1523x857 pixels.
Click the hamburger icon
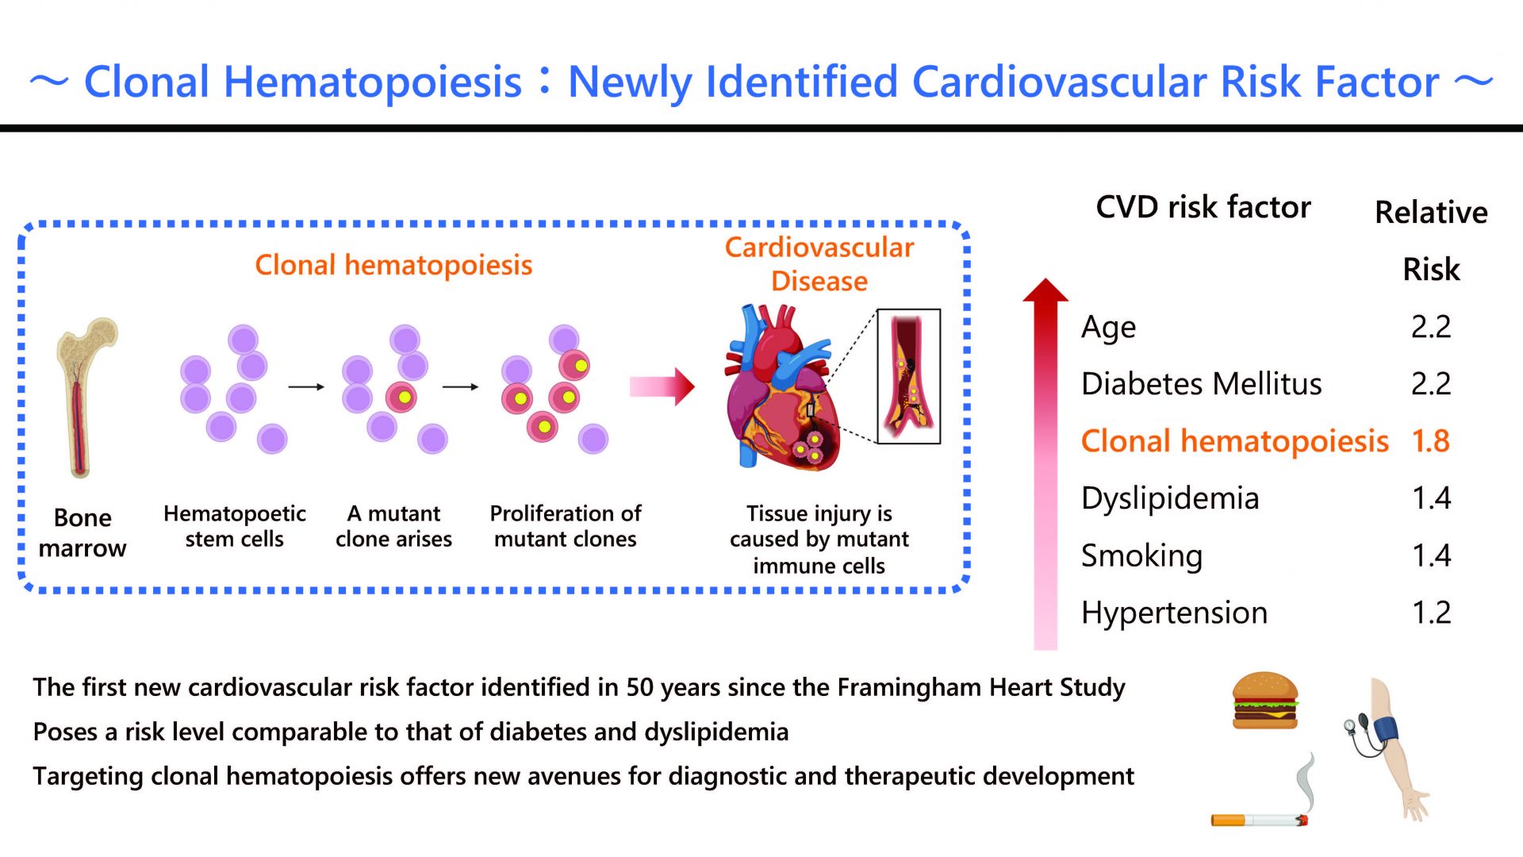tap(1265, 700)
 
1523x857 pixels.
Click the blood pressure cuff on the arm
tap(1387, 729)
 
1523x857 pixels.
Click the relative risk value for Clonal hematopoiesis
tap(1430, 441)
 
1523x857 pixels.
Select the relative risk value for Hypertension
tap(1431, 613)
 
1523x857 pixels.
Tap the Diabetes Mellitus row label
tap(1201, 384)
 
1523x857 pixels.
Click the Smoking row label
tap(1141, 556)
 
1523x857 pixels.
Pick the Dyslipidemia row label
tap(1170, 499)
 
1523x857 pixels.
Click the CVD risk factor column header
tap(1203, 207)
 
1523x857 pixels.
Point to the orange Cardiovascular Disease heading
tap(819, 264)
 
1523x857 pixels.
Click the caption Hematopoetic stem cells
tap(235, 526)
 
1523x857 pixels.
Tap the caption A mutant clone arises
tap(393, 526)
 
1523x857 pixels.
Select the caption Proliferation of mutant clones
tap(566, 526)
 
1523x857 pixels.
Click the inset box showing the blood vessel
tap(908, 376)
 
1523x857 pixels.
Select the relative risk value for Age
tap(1430, 327)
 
